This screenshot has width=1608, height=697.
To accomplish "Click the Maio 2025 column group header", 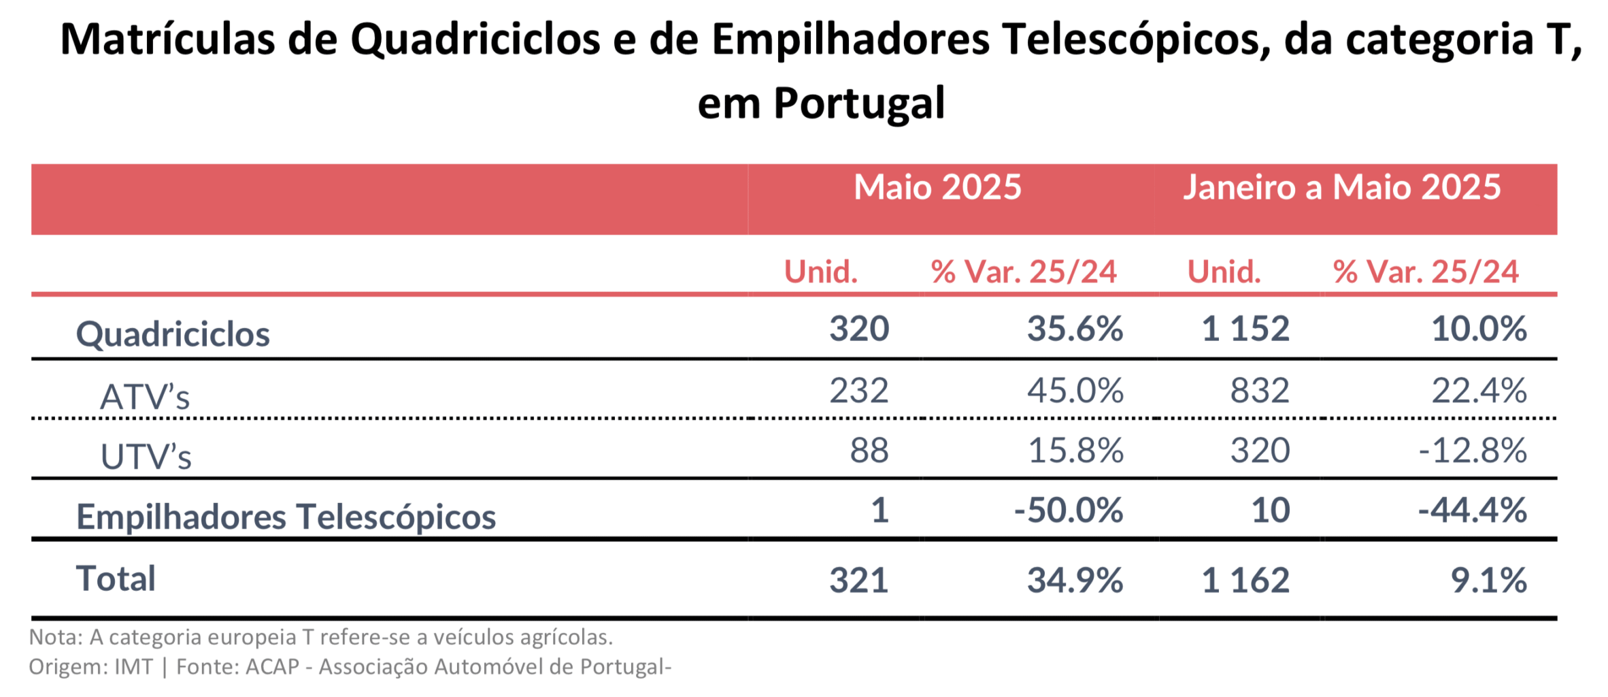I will coord(937,187).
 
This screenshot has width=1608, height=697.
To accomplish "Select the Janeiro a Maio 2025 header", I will coord(1341,187).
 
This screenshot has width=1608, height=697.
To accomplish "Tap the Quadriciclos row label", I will coord(173,334).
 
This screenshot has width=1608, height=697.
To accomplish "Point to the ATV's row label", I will coord(145,397).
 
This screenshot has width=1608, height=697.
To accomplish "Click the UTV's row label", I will coord(146,456).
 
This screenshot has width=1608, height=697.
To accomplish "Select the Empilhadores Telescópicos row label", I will coord(286,517).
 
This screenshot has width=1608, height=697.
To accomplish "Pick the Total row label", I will coord(116,579).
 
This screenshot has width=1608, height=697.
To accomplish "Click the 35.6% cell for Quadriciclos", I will coord(1075,329).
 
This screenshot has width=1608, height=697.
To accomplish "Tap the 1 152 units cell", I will coord(1245,329).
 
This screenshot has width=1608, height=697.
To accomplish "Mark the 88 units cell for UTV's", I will coord(869,451).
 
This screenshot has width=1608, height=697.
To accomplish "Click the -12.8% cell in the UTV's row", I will coord(1473,451).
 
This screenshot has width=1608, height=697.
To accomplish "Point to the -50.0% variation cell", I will coord(1068,510).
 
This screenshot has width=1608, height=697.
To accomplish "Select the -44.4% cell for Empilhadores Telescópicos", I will coord(1473,510).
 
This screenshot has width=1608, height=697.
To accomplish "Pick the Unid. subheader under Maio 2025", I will coord(821,272).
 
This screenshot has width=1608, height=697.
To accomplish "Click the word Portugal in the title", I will coord(859,103).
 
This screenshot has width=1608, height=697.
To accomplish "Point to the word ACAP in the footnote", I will coord(272,666).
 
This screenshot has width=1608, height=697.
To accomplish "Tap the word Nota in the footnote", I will coord(54,637).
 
